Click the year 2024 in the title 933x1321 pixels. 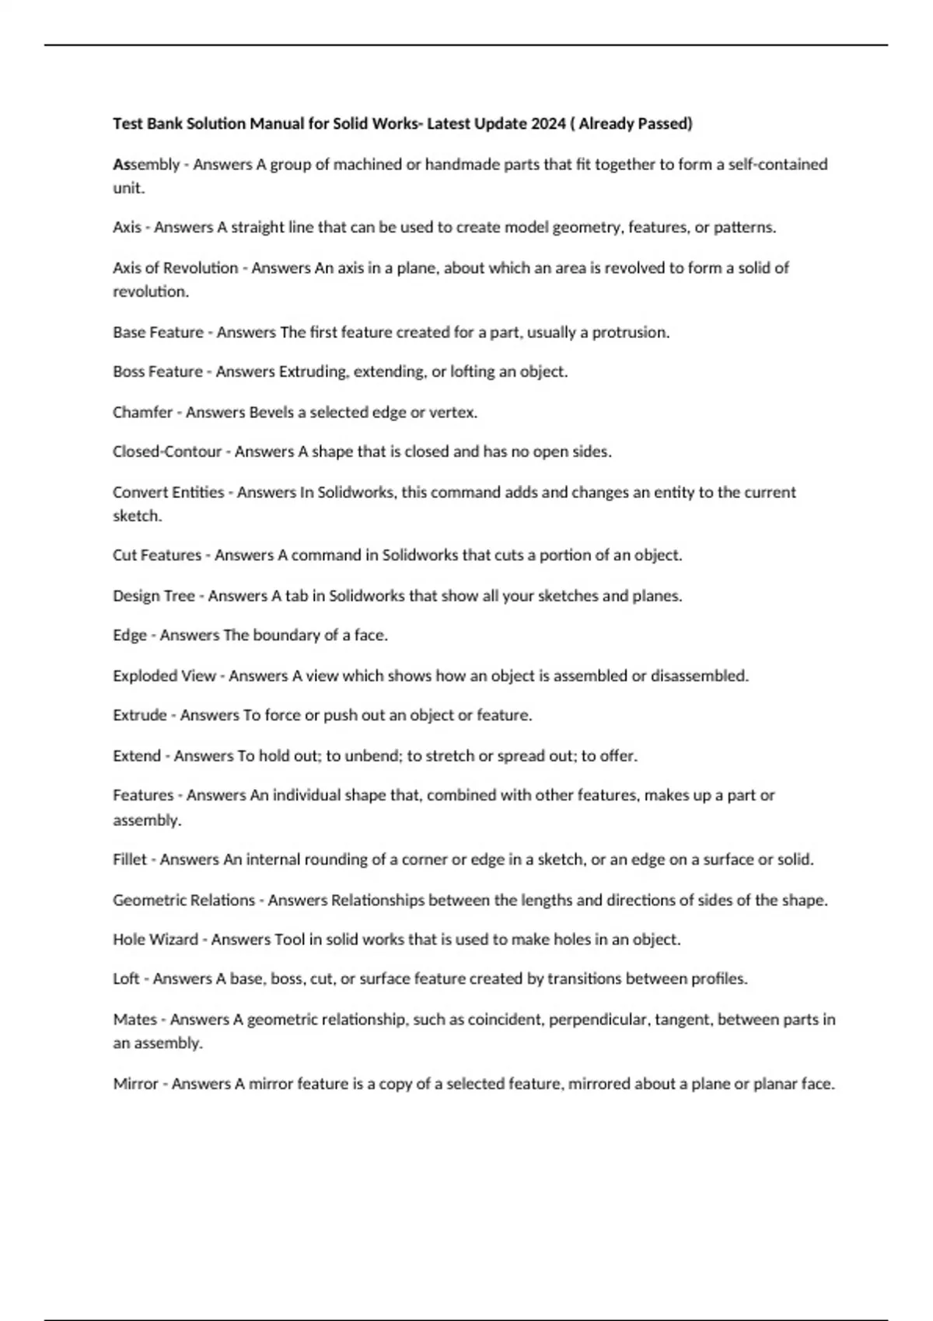(x=549, y=124)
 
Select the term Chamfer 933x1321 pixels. (x=142, y=412)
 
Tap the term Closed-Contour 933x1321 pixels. (x=167, y=451)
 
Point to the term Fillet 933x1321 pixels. (x=129, y=859)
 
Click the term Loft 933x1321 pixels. (x=126, y=978)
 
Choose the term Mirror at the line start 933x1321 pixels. (x=135, y=1083)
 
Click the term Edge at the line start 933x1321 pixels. (x=129, y=635)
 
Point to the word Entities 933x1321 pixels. (x=197, y=492)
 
